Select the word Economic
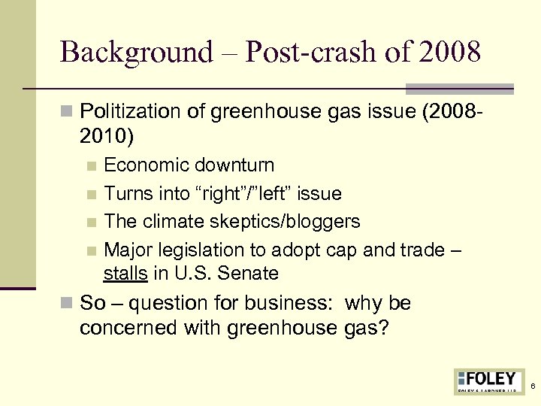pyautogui.click(x=146, y=165)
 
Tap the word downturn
pyautogui.click(x=234, y=165)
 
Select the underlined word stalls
pyautogui.click(x=125, y=273)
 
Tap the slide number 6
pyautogui.click(x=532, y=386)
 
